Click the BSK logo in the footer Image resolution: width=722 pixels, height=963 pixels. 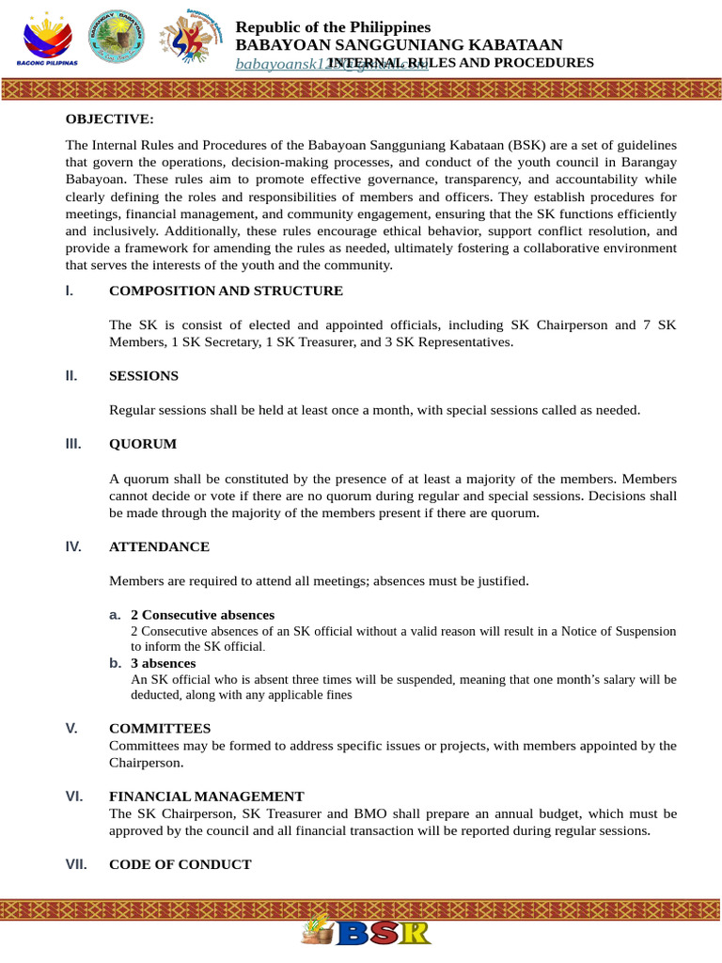[x=366, y=931]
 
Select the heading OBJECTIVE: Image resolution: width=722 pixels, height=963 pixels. [x=109, y=118]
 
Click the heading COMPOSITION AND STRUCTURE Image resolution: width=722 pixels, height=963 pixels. [x=226, y=291]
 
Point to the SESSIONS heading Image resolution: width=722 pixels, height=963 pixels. [x=143, y=375]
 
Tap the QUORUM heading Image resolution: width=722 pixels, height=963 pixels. [x=142, y=443]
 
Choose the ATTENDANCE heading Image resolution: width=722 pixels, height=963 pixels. [x=159, y=546]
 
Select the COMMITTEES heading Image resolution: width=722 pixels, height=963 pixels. [x=160, y=728]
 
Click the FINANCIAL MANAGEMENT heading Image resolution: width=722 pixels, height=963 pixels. [x=206, y=796]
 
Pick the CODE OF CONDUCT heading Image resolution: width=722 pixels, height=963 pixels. [x=180, y=863]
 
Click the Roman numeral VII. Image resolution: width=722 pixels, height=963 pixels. [x=76, y=863]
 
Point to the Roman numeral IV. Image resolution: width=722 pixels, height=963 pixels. [x=73, y=546]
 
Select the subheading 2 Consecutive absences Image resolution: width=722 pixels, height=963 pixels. [x=202, y=614]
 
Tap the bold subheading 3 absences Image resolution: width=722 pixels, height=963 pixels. [x=163, y=663]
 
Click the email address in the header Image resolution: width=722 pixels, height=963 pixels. [x=282, y=64]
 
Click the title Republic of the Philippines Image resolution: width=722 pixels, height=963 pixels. [x=332, y=27]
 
